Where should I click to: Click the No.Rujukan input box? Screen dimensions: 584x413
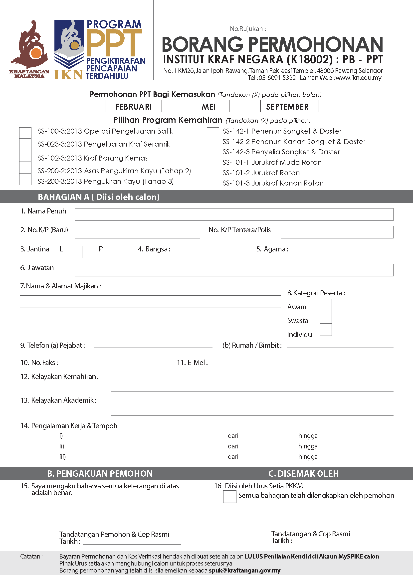pos(326,26)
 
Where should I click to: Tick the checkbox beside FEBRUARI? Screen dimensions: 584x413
pos(99,106)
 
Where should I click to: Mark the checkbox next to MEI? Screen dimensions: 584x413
pos(186,106)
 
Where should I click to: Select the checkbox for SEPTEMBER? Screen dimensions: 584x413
pos(254,106)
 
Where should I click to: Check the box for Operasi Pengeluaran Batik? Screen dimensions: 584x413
pos(25,133)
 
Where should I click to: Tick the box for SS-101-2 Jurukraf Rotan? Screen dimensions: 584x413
pos(213,172)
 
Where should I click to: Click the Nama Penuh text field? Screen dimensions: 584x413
pos(234,214)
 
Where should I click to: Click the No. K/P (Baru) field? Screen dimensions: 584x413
pos(137,232)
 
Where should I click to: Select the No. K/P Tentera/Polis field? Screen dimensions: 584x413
pos(337,232)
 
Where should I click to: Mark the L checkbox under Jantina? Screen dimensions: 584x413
pos(75,252)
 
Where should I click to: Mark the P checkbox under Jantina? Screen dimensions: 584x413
pos(120,252)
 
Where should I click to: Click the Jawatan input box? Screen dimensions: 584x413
pos(234,270)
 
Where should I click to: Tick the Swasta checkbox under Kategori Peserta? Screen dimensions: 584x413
pos(326,317)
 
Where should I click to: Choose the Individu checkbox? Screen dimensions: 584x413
pos(326,330)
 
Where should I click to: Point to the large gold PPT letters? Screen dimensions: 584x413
pos(114,43)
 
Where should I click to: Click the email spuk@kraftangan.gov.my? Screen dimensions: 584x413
pos(244,571)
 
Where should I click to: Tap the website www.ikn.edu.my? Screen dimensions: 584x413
pos(359,78)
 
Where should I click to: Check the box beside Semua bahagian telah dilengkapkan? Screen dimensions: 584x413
pos(230,497)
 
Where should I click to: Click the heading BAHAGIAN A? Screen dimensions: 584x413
pos(98,197)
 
